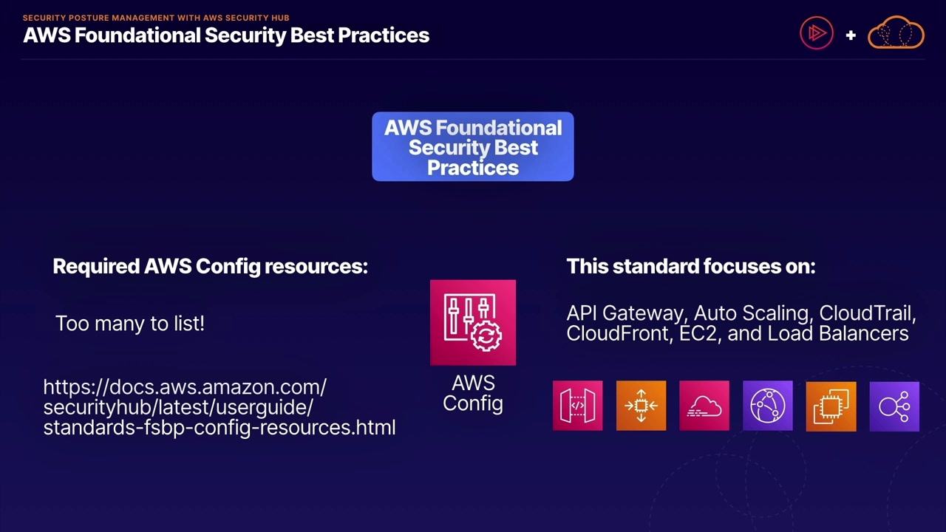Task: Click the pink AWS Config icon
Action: tap(473, 322)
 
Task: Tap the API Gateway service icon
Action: tap(577, 406)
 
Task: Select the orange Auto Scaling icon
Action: tap(641, 406)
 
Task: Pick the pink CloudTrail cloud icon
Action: tap(704, 406)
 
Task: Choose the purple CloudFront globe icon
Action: tap(767, 406)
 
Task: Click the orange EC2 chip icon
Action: tap(831, 406)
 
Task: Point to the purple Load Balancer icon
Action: tap(894, 406)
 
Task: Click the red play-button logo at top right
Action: tap(817, 33)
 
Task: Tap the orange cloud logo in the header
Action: tap(896, 33)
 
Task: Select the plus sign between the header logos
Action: tap(851, 35)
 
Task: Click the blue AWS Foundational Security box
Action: tap(473, 147)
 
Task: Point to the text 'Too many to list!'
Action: tap(130, 324)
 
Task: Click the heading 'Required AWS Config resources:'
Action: tap(210, 266)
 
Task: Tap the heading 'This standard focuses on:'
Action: tap(690, 266)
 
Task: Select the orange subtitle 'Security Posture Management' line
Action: tap(156, 18)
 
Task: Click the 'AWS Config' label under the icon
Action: tap(473, 393)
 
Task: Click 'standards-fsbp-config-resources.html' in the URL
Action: tap(220, 427)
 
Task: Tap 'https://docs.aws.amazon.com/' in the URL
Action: tap(185, 387)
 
